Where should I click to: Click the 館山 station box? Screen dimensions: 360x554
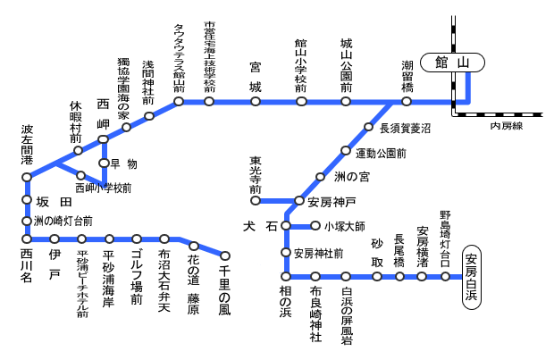click(x=452, y=63)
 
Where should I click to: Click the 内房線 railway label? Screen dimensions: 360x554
click(x=506, y=127)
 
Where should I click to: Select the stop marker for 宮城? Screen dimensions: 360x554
click(x=256, y=102)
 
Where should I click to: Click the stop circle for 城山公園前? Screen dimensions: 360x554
click(x=346, y=102)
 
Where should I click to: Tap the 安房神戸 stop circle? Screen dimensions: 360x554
click(x=300, y=201)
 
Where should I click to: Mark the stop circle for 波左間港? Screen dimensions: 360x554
click(x=26, y=177)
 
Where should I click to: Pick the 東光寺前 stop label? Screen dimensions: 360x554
click(x=256, y=176)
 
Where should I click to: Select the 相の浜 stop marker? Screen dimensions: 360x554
click(x=286, y=277)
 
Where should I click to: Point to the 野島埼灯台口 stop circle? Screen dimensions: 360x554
click(x=445, y=277)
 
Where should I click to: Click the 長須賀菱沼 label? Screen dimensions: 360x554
click(x=404, y=129)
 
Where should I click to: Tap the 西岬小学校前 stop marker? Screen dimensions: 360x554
click(x=80, y=175)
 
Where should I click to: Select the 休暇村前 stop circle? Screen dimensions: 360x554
click(x=79, y=150)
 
